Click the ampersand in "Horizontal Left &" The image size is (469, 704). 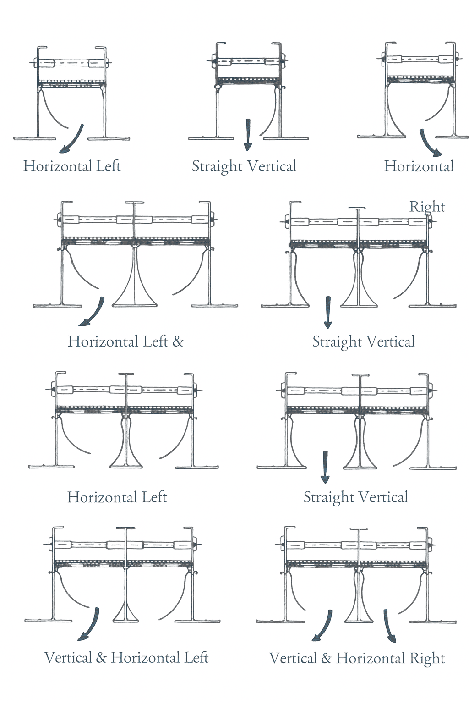[178, 341]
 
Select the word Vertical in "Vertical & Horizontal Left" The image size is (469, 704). [68, 658]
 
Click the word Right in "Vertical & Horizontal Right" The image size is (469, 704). [427, 659]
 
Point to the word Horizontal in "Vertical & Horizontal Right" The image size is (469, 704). [371, 659]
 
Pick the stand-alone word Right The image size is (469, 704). [427, 207]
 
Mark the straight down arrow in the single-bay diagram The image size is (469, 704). [248, 135]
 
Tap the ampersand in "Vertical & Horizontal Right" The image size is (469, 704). [326, 659]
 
